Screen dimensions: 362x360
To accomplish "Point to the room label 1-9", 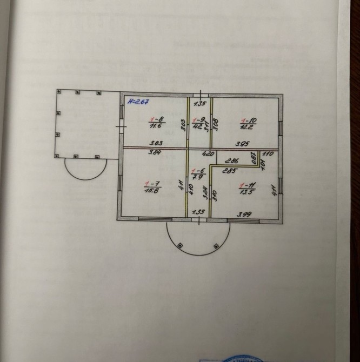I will (x=199, y=120).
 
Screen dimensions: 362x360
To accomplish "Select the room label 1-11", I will (x=249, y=184).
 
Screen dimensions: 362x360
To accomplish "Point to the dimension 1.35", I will (x=199, y=103).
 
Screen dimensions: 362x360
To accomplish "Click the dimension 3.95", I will (x=241, y=143).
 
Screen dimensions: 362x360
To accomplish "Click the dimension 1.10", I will (x=268, y=153).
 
